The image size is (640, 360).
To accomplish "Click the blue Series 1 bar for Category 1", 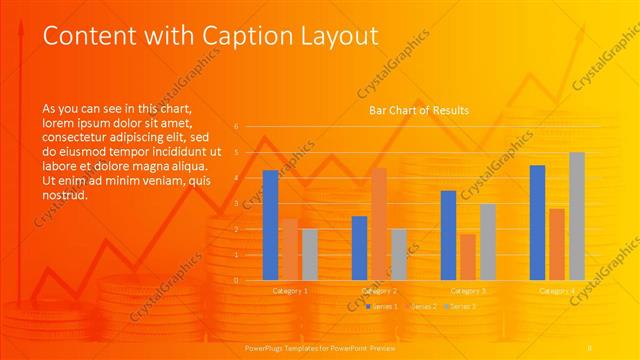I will coord(270,225).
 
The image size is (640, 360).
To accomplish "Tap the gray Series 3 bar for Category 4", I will coord(577,216).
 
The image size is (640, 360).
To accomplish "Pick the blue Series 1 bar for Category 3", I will coord(448,235).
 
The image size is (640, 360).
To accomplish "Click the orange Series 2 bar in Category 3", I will coord(467,257).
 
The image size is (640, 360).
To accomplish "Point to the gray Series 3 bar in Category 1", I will coord(310,254).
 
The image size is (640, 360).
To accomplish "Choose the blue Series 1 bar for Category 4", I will coord(537,222).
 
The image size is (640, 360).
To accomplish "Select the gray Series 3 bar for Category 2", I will coord(399,254).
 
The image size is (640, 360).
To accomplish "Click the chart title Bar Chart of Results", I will coord(419,110).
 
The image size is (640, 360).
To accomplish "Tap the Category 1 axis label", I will coord(290,290).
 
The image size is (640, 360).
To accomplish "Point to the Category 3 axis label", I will coord(468,290).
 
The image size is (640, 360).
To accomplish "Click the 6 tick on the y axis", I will coord(236,127).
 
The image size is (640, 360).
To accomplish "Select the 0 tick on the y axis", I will coord(236,280).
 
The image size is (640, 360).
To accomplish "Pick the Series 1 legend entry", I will coord(383,305).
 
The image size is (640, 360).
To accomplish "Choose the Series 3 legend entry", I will coord(463,305).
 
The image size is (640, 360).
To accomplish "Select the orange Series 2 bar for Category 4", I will coord(557,244).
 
